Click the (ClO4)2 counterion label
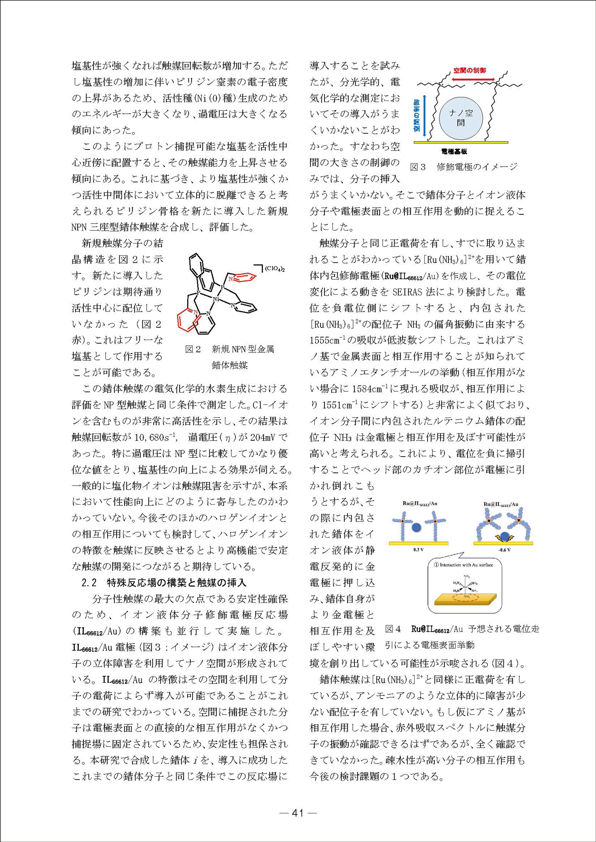275,269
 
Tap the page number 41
298,812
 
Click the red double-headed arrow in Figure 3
469,79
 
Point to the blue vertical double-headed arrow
425,116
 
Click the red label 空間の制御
469,71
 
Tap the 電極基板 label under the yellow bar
454,152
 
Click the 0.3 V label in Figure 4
418,550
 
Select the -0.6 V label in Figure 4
504,550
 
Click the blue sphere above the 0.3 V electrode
416,527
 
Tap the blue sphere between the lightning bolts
505,536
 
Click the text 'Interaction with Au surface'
466,565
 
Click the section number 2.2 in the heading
89,583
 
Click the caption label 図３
417,167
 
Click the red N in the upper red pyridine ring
230,279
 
